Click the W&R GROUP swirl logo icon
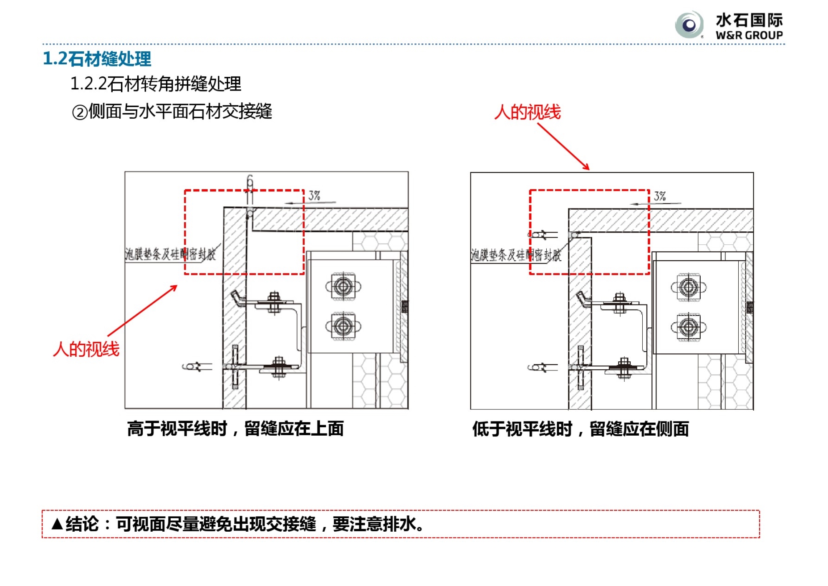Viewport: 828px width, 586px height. (689, 25)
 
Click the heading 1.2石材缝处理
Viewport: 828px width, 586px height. (97, 58)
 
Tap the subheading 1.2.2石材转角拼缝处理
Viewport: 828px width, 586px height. (155, 84)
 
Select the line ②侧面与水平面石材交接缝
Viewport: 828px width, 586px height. (172, 112)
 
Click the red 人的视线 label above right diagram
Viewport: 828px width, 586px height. (528, 112)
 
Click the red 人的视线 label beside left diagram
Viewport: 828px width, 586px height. (86, 349)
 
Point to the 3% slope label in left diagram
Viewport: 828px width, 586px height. (314, 195)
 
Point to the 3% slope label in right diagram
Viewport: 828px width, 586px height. (660, 196)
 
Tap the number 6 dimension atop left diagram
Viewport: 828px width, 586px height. (250, 181)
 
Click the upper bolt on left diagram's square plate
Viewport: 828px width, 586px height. (343, 286)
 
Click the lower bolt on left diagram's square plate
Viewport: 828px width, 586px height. (343, 326)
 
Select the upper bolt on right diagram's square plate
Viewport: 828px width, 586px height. (689, 287)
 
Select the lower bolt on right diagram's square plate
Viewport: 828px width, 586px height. (689, 326)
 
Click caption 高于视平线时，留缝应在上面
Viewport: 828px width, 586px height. (235, 429)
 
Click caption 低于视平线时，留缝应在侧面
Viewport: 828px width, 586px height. (581, 429)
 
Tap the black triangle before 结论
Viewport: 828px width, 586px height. (57, 524)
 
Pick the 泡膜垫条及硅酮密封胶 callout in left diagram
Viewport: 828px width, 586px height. (170, 254)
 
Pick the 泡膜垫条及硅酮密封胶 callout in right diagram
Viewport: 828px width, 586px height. (516, 254)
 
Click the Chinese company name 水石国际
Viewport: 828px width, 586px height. (749, 20)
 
